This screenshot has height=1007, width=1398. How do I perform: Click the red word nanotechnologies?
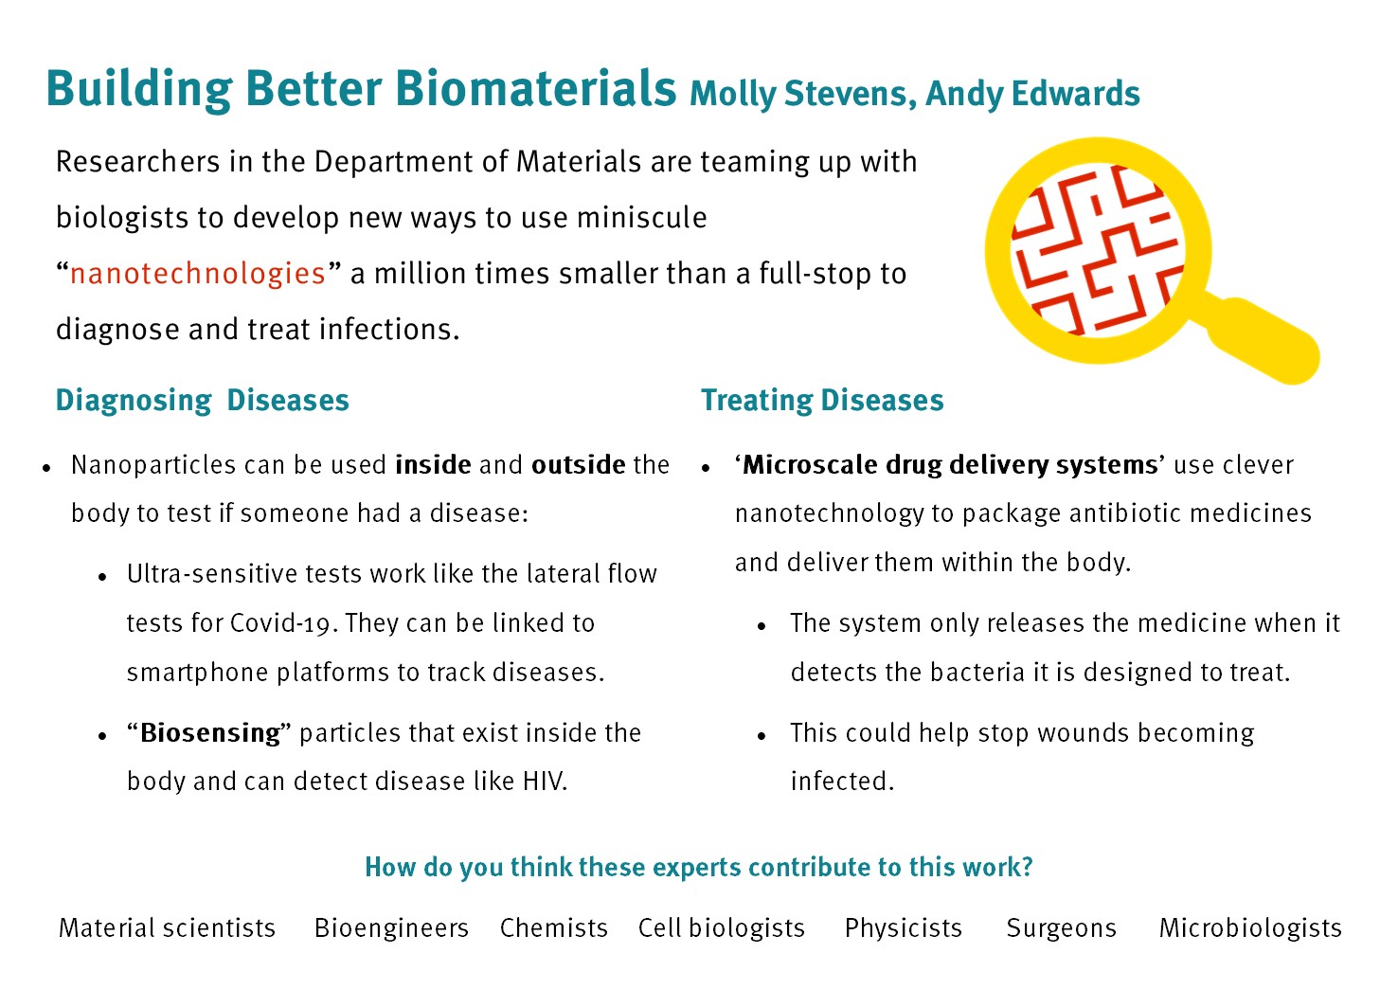pos(198,274)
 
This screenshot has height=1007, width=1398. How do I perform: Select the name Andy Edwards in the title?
pos(1032,94)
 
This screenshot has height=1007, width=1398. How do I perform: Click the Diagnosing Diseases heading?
pos(202,400)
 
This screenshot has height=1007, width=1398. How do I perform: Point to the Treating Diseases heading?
pos(822,400)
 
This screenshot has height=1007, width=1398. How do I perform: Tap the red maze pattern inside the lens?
pos(1097,250)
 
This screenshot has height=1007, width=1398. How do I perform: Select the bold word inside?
pos(433,465)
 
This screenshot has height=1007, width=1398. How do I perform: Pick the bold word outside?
pos(578,465)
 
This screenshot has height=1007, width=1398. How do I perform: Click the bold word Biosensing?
pos(210,733)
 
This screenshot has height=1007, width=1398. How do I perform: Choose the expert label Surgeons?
pos(1061,928)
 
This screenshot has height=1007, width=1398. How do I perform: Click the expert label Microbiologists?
pos(1250,928)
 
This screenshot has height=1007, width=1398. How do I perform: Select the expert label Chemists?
pos(553,928)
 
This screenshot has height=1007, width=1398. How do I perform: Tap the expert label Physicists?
pos(903,928)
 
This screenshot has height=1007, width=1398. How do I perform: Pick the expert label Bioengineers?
pos(391,928)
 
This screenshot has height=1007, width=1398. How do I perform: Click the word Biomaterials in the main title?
pos(535,88)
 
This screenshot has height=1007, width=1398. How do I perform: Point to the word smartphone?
pos(197,673)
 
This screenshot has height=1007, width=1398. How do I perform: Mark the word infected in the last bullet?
pos(842,782)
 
